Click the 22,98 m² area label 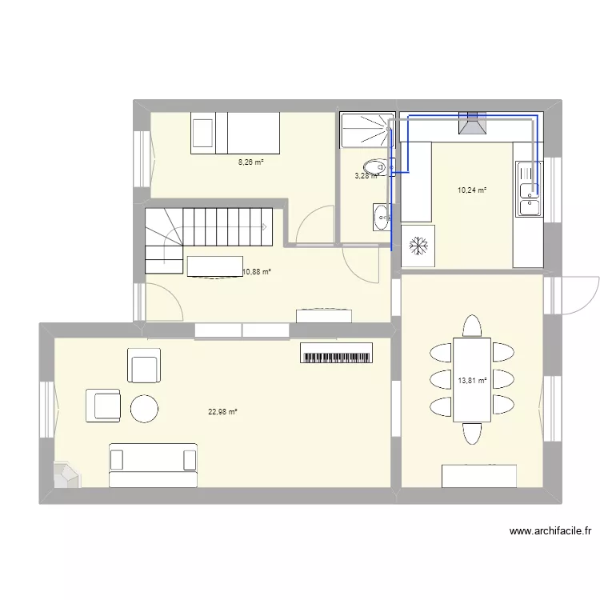tap(223, 412)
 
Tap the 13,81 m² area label tap(472, 381)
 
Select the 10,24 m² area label tap(472, 190)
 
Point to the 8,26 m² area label tap(250, 162)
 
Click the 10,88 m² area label tap(256, 272)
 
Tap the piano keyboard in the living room tap(337, 353)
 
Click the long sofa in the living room tap(153, 466)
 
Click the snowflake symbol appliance tap(418, 245)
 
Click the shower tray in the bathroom tap(365, 130)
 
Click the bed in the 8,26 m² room tap(235, 132)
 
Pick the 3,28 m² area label tap(366, 176)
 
